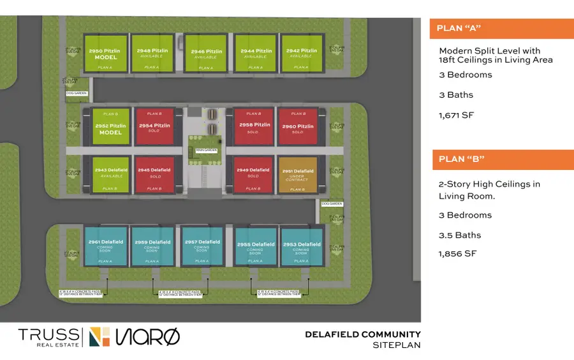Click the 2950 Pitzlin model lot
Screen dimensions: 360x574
click(106, 54)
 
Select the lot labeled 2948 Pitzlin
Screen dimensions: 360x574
click(152, 54)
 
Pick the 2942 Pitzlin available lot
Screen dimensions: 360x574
click(302, 54)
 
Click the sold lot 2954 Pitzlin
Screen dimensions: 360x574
click(154, 128)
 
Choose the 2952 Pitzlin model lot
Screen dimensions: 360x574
click(110, 128)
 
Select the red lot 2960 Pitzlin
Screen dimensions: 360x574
click(297, 128)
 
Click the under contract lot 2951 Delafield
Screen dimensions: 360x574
click(297, 174)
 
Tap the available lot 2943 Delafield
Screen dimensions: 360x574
click(110, 174)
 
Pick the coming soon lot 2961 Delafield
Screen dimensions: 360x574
click(106, 246)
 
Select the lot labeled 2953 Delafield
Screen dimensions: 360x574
click(300, 246)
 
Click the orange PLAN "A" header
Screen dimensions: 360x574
click(502, 29)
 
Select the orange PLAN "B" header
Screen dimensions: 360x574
click(502, 160)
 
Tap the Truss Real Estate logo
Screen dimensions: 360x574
click(49, 336)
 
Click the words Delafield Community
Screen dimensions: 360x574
click(362, 334)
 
